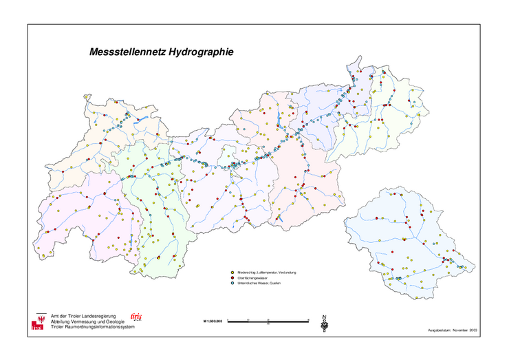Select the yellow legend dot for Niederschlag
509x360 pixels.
pyautogui.click(x=232, y=273)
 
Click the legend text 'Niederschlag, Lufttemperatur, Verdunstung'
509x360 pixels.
pyautogui.click(x=267, y=273)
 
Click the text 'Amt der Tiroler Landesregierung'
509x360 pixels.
pyautogui.click(x=79, y=315)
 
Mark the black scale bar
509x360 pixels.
pyautogui.click(x=269, y=321)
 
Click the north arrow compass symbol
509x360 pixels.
pyautogui.click(x=324, y=323)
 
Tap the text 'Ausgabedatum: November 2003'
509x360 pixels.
pyautogui.click(x=452, y=331)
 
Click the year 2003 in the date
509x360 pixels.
pyautogui.click(x=473, y=331)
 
